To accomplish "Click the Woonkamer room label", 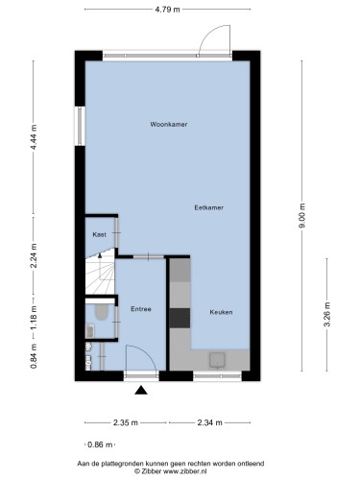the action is coord(169,124).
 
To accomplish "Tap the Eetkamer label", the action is coord(209,207).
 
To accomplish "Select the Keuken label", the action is coord(221,312).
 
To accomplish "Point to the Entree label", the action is coord(141,309).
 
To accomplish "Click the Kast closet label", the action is coord(99,234).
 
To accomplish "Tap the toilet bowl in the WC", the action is coord(101,312).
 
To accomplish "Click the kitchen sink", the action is coord(217,360).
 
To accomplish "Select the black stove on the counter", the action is coord(180,318).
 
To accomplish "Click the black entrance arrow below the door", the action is coord(141,390).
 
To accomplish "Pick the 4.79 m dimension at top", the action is coord(167,10).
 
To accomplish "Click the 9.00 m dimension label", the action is coord(302,216).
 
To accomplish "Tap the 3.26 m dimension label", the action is coord(327,315).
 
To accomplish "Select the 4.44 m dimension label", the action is coord(34,136).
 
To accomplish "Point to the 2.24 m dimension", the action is coord(34,255).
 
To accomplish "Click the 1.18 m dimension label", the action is coord(34,318).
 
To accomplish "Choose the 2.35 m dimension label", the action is coord(126,422).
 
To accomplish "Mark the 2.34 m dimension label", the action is coord(209,422).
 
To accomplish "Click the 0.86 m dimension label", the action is coord(100,444).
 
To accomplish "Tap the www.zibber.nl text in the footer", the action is coord(185,471).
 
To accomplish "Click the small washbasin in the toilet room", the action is coord(90,331).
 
